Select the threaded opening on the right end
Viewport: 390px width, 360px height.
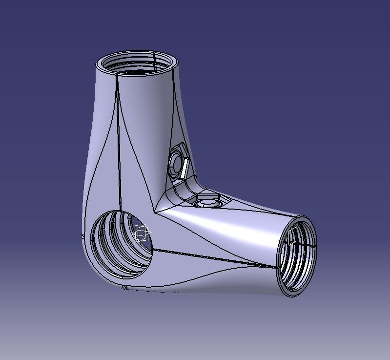pyautogui.click(x=297, y=256)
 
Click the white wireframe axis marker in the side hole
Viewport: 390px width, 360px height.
pyautogui.click(x=142, y=233)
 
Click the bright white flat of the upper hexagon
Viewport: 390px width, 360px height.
pyautogui.click(x=184, y=169)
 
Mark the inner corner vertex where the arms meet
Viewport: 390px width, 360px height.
pyautogui.click(x=156, y=211)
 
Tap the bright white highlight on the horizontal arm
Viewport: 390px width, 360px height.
pyautogui.click(x=229, y=225)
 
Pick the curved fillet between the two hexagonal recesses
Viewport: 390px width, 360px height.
pyautogui.click(x=188, y=188)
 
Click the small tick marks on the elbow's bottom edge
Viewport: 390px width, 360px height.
pyautogui.click(x=125, y=287)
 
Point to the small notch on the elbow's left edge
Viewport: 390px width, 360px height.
pyautogui.click(x=81, y=238)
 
